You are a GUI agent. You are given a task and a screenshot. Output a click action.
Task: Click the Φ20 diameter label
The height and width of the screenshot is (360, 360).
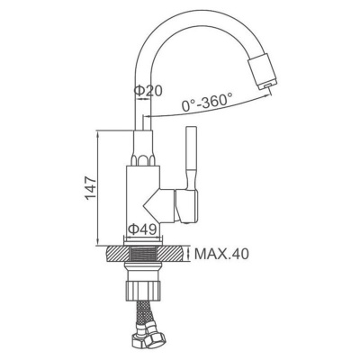pyautogui.click(x=148, y=91)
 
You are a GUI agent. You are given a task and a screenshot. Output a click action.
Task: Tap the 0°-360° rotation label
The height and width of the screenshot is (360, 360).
pyautogui.click(x=207, y=102)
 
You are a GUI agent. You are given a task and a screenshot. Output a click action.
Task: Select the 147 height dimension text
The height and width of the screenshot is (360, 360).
pyautogui.click(x=90, y=188)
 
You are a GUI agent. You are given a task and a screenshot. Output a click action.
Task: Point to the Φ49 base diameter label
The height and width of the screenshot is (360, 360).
pyautogui.click(x=142, y=229)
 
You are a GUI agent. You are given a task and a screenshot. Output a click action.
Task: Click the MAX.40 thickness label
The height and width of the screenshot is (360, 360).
pyautogui.click(x=221, y=254)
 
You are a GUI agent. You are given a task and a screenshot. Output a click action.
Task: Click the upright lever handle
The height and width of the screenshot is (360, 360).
pyautogui.click(x=191, y=159)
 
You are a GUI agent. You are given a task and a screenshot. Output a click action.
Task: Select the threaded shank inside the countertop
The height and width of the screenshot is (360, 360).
pyautogui.click(x=143, y=254)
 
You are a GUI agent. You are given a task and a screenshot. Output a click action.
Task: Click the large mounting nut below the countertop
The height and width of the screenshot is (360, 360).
pyautogui.click(x=143, y=289)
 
